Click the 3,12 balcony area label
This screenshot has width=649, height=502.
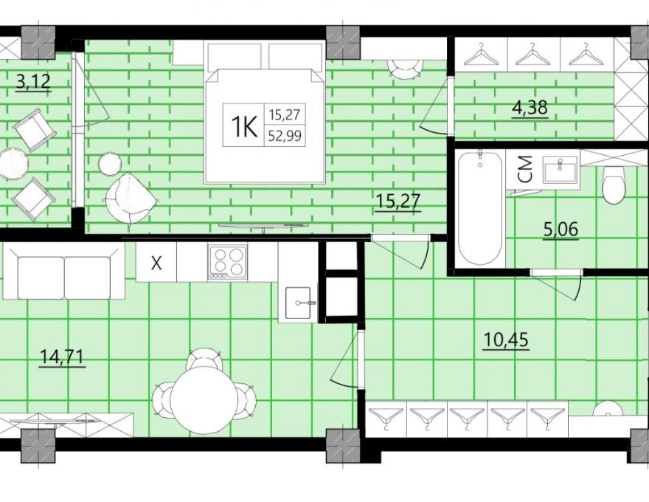tap(33, 81)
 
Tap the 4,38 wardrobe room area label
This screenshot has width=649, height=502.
tap(530, 108)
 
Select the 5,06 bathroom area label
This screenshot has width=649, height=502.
tap(560, 229)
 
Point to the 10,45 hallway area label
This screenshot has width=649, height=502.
tap(506, 340)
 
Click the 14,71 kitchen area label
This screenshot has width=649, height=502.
tap(63, 357)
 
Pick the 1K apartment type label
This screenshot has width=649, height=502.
tap(244, 125)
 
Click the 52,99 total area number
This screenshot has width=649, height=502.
tap(285, 135)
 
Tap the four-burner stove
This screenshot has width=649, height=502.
tap(228, 262)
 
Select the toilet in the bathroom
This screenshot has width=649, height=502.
tap(613, 185)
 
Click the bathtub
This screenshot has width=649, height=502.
tap(480, 207)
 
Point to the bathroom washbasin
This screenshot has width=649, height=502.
tap(560, 169)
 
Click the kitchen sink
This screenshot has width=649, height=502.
tap(298, 303)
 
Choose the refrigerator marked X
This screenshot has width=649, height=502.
tap(156, 262)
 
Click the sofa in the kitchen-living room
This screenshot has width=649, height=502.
tap(63, 271)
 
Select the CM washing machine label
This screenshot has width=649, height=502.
tap(525, 169)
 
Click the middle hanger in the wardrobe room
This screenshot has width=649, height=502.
tap(533, 55)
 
